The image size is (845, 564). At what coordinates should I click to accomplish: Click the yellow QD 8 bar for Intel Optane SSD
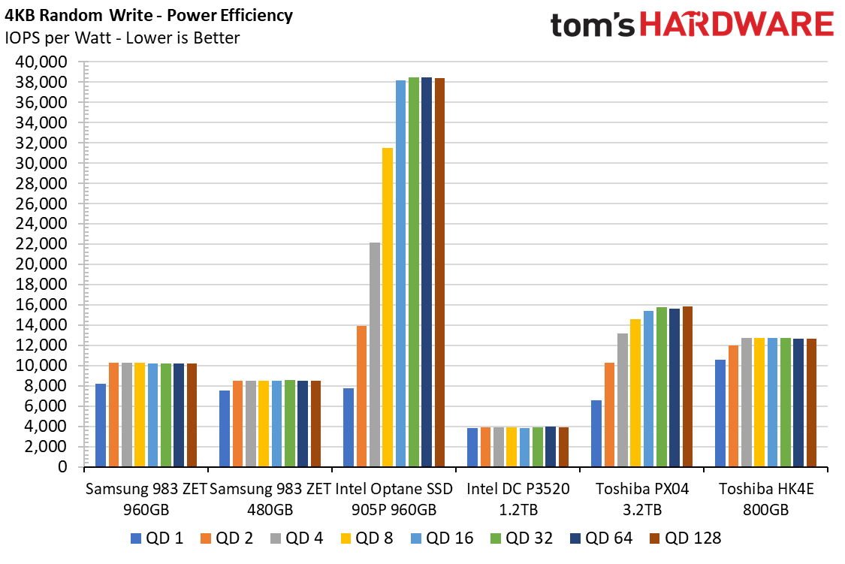tap(388, 307)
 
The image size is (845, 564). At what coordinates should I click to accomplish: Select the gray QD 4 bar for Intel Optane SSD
tap(375, 354)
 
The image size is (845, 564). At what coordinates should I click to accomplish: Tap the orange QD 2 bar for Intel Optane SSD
tap(361, 396)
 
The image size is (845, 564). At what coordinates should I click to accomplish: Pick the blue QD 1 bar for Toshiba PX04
tap(596, 433)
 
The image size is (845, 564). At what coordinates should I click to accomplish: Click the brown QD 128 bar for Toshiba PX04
tap(687, 386)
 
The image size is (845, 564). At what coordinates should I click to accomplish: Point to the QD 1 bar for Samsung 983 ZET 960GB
tap(101, 425)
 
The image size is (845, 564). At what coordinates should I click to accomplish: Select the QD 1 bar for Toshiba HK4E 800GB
tap(720, 413)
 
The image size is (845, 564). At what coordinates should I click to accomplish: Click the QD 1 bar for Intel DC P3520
tap(472, 447)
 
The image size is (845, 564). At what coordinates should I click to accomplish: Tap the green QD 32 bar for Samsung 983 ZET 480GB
tap(290, 423)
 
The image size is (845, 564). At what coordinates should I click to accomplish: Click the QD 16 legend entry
tap(442, 538)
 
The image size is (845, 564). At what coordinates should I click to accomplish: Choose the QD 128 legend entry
tap(686, 538)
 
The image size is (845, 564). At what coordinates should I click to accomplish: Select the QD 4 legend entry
tap(297, 538)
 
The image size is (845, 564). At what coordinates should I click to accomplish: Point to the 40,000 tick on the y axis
tap(41, 62)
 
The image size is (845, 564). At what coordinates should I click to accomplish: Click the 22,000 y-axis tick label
tap(41, 244)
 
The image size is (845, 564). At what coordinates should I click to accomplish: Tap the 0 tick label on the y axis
tap(63, 466)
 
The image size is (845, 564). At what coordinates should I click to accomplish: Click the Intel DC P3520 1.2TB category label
tap(518, 499)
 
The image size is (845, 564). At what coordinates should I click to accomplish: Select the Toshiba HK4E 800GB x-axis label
tap(766, 499)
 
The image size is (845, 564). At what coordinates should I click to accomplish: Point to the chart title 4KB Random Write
tap(80, 15)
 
